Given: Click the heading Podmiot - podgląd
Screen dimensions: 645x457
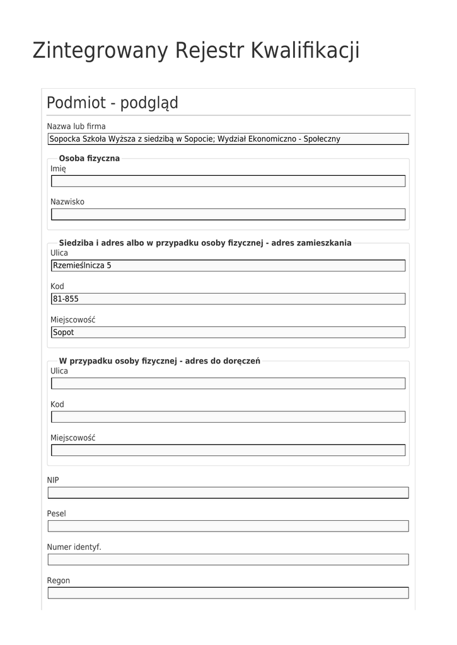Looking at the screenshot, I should coord(112,103).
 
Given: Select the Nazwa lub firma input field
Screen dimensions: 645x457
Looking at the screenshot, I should coord(228,139).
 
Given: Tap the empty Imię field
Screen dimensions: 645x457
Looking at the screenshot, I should coord(228,181).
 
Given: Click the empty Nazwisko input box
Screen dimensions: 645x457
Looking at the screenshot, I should coord(228,215).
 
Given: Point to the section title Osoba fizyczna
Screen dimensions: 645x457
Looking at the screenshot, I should coord(89,158).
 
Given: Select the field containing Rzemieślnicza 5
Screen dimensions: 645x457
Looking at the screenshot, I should coord(228,266).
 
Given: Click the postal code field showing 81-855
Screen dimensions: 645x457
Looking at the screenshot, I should coord(228,299).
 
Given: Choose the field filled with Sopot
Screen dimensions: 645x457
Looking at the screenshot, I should coord(228,333).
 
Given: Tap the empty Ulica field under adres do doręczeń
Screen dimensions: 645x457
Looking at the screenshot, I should coord(228,384).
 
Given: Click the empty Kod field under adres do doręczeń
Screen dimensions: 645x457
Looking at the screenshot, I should coord(228,417).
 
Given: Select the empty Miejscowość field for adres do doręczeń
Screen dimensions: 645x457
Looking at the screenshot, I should coord(228,450).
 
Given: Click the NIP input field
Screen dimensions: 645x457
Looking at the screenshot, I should coord(228,493).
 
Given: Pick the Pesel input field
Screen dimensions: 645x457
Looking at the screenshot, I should coord(228,526).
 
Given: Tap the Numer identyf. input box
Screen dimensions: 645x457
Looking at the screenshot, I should coord(228,559).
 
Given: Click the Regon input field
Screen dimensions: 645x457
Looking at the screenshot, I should coord(228,593).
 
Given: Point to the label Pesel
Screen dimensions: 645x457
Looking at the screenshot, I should coord(56,514).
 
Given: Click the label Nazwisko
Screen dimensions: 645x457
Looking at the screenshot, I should coord(67,202).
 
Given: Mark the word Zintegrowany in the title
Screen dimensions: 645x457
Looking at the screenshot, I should coord(100,50).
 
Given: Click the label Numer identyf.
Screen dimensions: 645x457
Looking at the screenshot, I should coord(74,547).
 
